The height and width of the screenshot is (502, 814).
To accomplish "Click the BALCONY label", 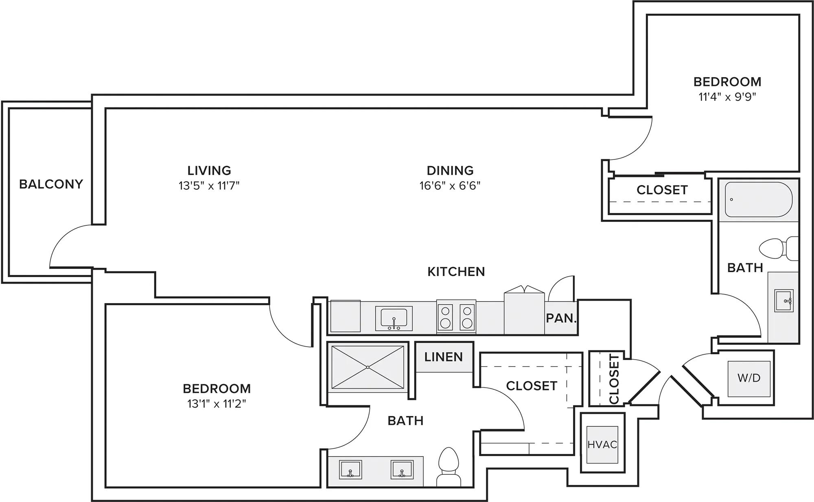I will [51, 184].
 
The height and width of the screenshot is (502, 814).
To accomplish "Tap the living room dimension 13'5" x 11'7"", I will [209, 186].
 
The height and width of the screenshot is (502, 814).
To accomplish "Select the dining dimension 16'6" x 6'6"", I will [450, 186].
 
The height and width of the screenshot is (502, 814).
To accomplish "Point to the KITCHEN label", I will [456, 272].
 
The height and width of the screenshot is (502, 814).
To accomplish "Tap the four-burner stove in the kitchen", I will [456, 317].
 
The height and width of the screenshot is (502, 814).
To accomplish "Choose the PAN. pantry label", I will [561, 318].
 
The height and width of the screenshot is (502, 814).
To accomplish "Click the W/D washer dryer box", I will [749, 378].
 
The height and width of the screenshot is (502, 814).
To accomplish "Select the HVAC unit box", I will [602, 445].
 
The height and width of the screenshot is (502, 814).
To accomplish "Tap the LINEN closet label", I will [443, 357].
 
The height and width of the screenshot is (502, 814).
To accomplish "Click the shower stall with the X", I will [368, 367].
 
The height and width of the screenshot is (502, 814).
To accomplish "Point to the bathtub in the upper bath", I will [758, 200].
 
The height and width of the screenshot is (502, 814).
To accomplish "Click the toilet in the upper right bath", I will [778, 248].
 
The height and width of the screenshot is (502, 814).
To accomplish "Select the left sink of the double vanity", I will [350, 470].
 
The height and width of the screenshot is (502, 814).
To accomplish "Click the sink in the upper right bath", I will [783, 301].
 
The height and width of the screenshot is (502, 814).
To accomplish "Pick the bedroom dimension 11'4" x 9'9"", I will [727, 97].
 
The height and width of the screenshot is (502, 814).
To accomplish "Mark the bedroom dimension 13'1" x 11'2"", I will [217, 404].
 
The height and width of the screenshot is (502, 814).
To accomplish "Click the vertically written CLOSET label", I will [614, 379].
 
